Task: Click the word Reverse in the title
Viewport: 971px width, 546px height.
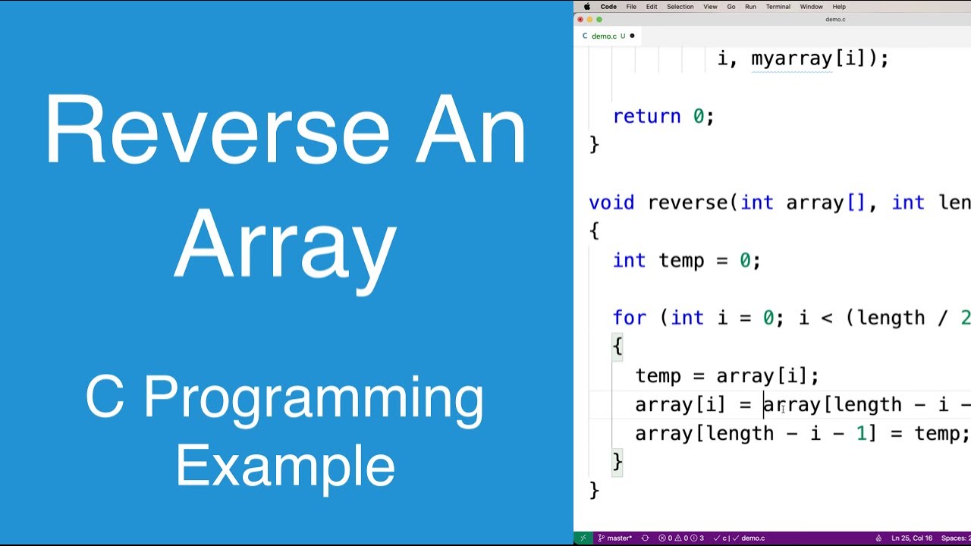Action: [216, 130]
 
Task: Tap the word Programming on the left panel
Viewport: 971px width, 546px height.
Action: [313, 398]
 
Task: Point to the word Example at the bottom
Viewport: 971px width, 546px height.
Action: [285, 466]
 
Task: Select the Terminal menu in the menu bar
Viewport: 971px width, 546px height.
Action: [778, 7]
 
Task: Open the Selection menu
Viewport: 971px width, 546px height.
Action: [680, 7]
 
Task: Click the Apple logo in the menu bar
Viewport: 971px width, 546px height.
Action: [587, 7]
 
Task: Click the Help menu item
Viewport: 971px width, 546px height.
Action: [839, 7]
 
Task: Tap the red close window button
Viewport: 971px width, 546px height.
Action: [580, 20]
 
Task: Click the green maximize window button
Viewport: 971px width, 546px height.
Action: [599, 20]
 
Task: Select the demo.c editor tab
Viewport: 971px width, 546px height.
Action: [604, 36]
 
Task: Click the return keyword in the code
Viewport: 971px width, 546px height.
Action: [646, 117]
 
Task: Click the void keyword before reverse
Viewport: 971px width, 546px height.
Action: [611, 203]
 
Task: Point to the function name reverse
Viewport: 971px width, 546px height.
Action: [687, 203]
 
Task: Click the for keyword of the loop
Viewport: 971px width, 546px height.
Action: [629, 318]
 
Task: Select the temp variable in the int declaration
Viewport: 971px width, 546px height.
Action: [681, 261]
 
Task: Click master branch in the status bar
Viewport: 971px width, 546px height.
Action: [618, 538]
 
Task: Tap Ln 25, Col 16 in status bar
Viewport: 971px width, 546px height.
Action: [912, 538]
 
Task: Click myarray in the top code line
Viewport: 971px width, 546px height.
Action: [792, 59]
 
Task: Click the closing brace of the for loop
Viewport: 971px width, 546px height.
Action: [617, 461]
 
